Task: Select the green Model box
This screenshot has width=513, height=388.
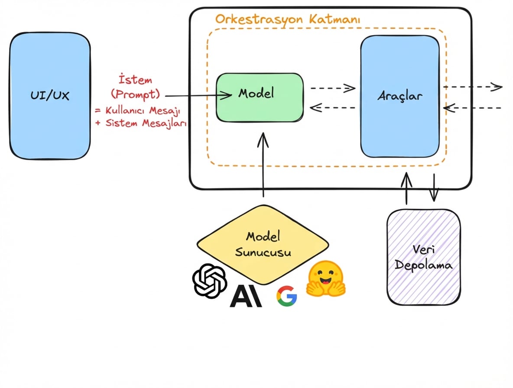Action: tap(259, 97)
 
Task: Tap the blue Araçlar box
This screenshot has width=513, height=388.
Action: tap(399, 96)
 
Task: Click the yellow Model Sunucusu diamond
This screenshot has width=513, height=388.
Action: tap(263, 244)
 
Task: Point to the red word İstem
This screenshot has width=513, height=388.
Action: tap(135, 80)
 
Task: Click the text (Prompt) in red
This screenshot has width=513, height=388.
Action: tap(135, 94)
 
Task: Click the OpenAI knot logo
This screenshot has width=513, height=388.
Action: tap(210, 280)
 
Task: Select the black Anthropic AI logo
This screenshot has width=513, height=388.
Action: tap(246, 296)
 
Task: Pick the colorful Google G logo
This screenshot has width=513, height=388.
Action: tap(286, 297)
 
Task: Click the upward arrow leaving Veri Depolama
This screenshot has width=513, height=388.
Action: tap(406, 188)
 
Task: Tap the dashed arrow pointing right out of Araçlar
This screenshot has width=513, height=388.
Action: tap(472, 87)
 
